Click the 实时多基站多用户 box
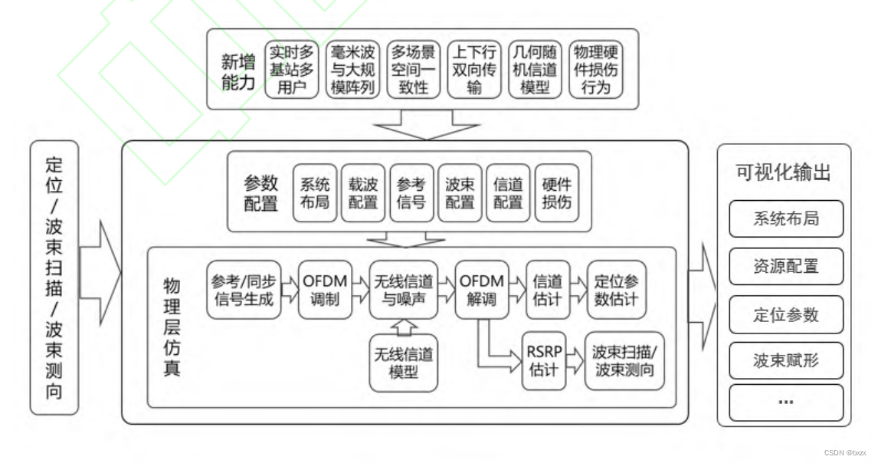click(292, 69)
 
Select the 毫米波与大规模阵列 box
click(352, 69)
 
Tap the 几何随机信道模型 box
click(535, 69)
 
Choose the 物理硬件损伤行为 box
click(596, 69)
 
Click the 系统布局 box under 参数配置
click(315, 192)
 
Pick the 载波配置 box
click(363, 192)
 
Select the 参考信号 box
click(411, 192)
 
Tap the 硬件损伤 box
click(557, 192)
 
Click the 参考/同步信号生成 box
click(242, 290)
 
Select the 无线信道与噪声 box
click(404, 290)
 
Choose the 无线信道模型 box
click(404, 363)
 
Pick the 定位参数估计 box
click(616, 290)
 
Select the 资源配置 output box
click(786, 267)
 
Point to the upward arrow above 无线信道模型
click(404, 327)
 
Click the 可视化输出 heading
click(783, 172)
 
